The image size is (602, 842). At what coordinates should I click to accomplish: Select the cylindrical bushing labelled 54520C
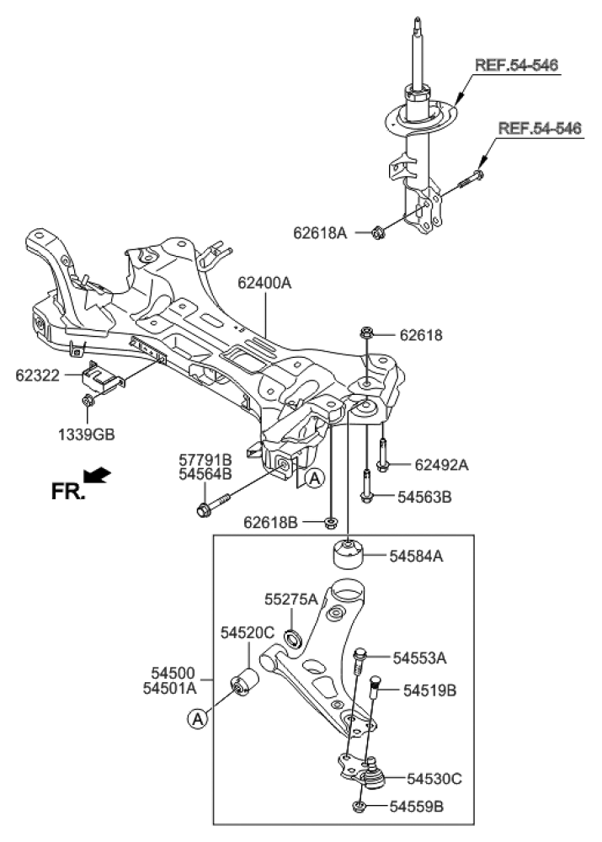(248, 681)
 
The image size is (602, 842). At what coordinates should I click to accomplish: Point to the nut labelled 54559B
(359, 808)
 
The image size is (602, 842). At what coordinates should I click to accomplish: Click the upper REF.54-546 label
(516, 65)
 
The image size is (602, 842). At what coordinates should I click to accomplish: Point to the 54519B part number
(429, 690)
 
